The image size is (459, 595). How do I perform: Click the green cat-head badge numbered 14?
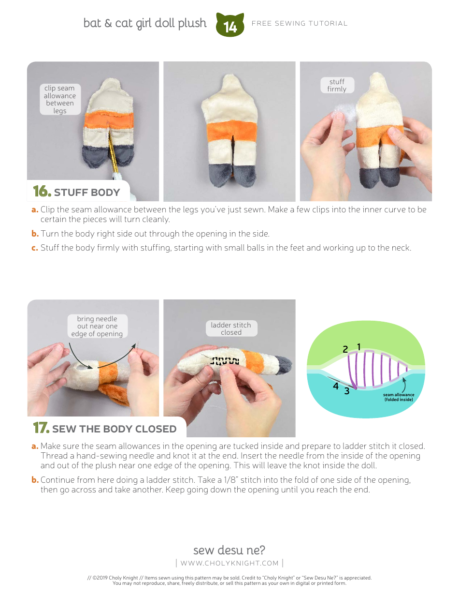tap(230, 25)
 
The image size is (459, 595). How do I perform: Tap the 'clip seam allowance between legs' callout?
tap(60, 99)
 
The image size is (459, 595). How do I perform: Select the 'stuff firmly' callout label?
tap(337, 85)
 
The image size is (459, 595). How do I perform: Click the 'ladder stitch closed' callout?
tap(231, 328)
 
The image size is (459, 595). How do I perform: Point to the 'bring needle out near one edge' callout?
tap(97, 326)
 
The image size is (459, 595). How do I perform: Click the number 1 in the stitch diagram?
tap(359, 347)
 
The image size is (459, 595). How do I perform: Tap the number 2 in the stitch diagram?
tap(345, 349)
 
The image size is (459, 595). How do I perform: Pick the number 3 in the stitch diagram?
tap(346, 391)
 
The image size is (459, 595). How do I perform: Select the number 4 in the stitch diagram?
tap(336, 386)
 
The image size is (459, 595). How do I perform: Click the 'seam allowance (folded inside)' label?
tap(399, 397)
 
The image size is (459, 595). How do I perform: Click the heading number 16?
tap(42, 191)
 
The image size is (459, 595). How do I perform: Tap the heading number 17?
tap(41, 428)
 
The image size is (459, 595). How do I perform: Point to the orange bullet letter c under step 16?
tap(35, 248)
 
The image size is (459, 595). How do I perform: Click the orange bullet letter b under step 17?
tap(35, 479)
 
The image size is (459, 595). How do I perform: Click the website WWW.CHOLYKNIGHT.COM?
tap(229, 563)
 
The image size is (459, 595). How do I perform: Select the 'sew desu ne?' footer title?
tap(229, 550)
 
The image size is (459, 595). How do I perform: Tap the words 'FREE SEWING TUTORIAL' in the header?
tap(300, 23)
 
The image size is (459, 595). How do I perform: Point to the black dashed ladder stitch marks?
tap(225, 361)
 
